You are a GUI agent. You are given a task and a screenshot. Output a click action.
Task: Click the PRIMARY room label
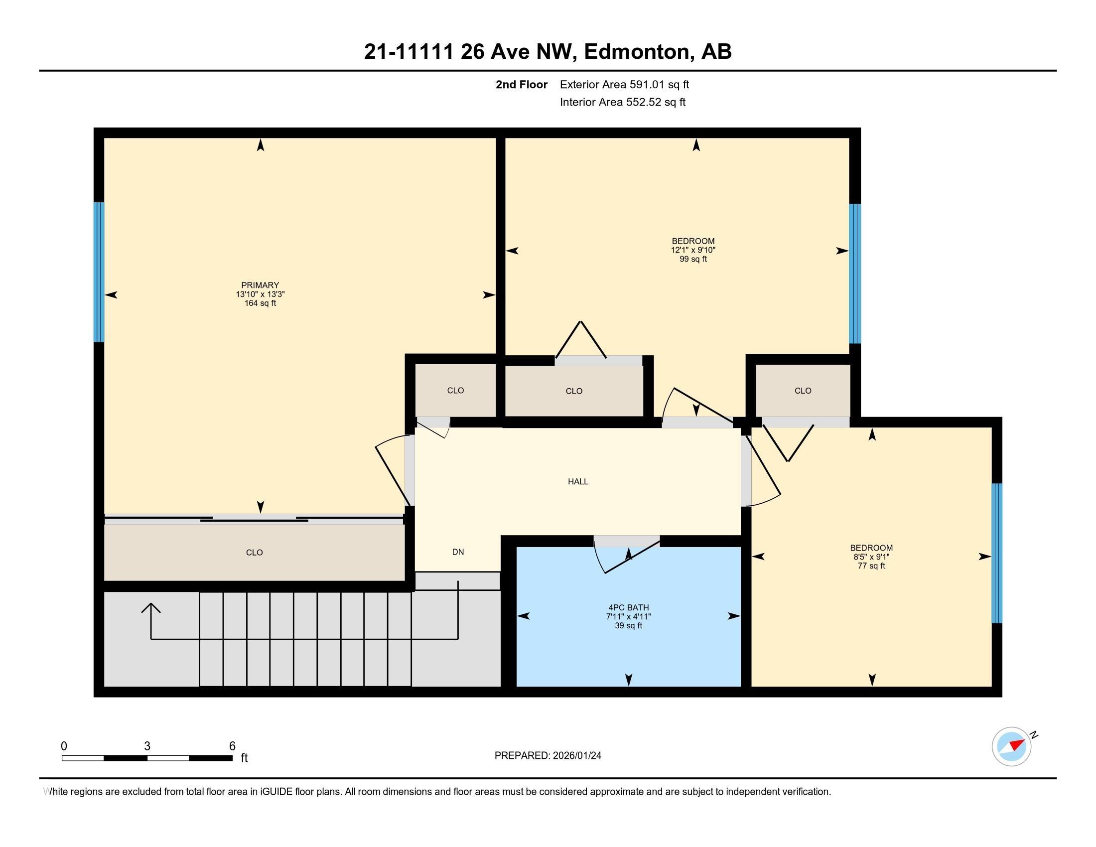point(260,285)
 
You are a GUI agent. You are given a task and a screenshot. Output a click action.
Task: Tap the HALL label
point(578,482)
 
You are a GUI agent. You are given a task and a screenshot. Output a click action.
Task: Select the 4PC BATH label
point(628,608)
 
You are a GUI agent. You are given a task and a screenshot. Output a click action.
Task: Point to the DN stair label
point(458,552)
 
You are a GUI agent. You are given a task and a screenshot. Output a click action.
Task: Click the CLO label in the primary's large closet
point(255,553)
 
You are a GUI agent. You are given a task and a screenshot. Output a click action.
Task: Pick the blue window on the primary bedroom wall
point(99,272)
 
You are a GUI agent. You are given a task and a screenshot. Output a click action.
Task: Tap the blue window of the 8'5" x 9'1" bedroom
point(997,553)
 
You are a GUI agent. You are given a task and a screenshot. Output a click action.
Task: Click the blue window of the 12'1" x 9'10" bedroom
point(855,274)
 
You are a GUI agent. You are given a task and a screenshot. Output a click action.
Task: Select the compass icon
point(1012,746)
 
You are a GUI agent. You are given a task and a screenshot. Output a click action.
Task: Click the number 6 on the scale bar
point(232,746)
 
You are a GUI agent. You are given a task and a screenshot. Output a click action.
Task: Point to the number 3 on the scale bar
point(147,746)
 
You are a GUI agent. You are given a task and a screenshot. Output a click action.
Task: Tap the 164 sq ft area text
point(260,303)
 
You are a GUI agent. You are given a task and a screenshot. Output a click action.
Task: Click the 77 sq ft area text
point(872,566)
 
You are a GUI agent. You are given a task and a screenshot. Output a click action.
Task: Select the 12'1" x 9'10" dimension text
point(693,250)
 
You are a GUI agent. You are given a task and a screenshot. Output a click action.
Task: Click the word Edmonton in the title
point(637,52)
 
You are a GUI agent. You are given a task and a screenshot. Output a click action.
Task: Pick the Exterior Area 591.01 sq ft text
point(624,84)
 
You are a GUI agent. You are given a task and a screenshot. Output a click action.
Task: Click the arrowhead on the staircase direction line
point(151,608)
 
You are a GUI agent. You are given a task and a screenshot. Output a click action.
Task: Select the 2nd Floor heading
point(522,84)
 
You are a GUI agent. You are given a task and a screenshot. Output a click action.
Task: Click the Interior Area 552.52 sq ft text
point(623,102)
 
